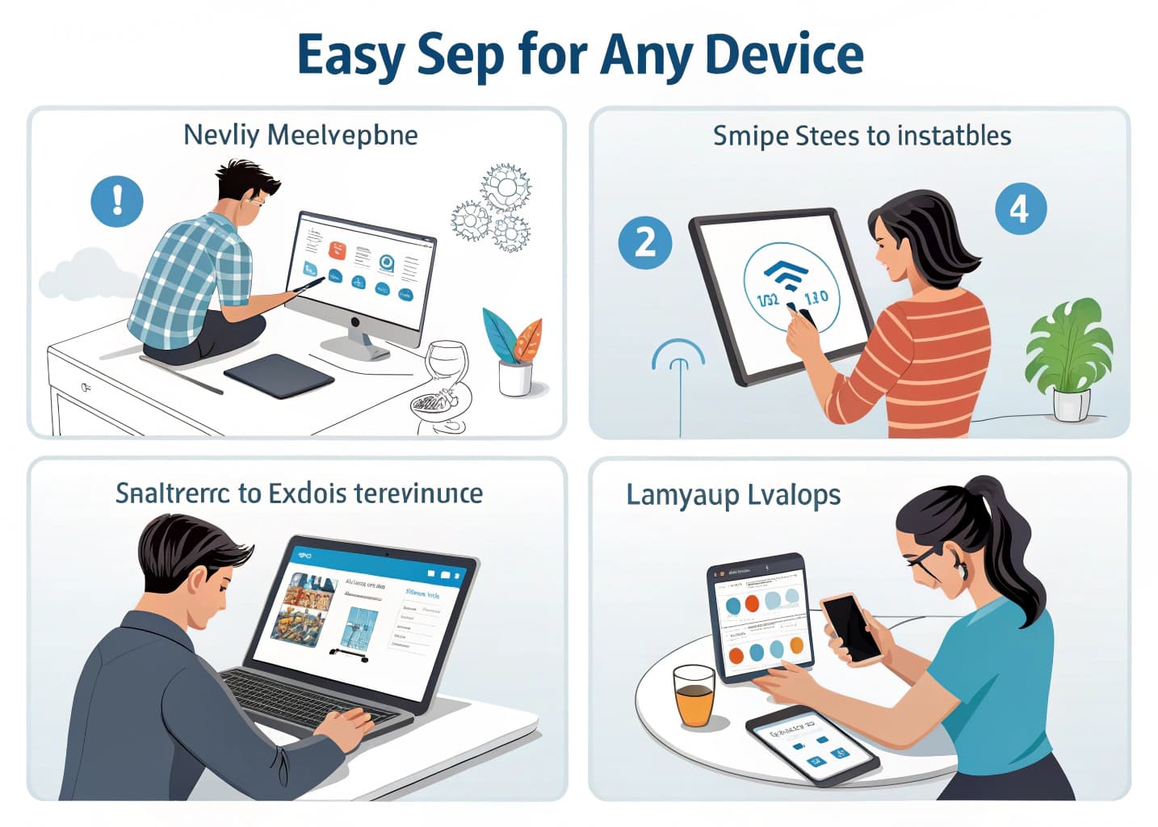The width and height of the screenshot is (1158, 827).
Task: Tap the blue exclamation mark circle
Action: point(117,199)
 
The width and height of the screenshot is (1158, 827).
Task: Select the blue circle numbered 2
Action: point(644,242)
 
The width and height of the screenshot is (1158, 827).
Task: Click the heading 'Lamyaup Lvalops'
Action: point(733,494)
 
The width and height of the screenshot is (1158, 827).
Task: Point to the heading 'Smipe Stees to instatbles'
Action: point(862,135)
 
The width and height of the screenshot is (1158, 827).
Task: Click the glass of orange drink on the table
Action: point(694,694)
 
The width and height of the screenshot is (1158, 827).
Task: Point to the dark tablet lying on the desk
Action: point(279,376)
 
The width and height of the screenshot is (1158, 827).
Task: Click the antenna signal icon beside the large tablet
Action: point(678,363)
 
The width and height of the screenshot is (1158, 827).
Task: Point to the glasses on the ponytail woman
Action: point(929,558)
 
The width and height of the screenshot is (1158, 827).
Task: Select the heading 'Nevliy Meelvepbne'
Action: point(300,134)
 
